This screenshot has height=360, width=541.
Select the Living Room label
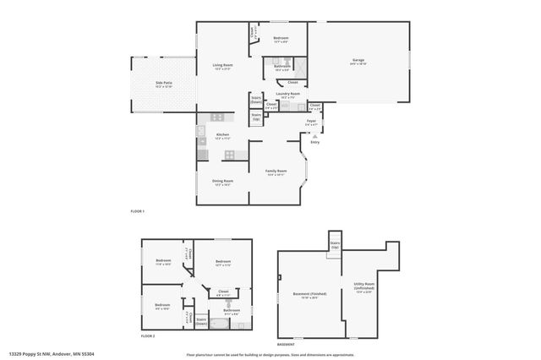(x=223, y=66)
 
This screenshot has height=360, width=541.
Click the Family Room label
(x=276, y=172)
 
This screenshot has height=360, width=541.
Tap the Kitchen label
(x=222, y=136)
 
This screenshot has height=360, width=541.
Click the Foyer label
(x=312, y=123)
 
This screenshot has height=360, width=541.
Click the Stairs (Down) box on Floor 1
(x=256, y=100)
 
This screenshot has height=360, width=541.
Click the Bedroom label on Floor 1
(x=281, y=39)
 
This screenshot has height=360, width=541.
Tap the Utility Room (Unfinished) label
(x=365, y=289)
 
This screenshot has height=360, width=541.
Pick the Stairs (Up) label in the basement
(x=333, y=244)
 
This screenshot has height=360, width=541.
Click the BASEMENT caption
(x=288, y=344)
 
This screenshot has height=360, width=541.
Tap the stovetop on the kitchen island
(x=229, y=154)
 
